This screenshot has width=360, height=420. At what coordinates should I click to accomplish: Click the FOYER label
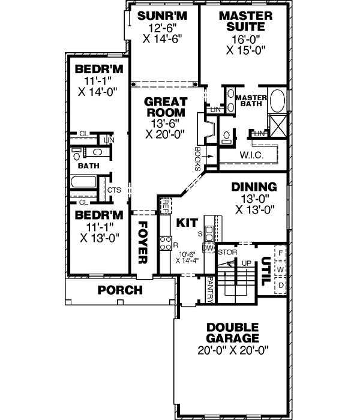pos(143,242)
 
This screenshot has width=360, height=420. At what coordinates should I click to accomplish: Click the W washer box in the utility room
pos(280,269)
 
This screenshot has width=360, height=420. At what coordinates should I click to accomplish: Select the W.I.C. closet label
pos(251,155)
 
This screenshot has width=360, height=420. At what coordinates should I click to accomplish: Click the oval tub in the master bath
pos(278,100)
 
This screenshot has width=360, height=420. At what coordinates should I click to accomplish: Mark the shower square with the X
pos(278,125)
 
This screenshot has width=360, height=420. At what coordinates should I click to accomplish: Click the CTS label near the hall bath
pos(113,190)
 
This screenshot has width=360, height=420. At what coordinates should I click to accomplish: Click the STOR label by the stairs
pos(227,252)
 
